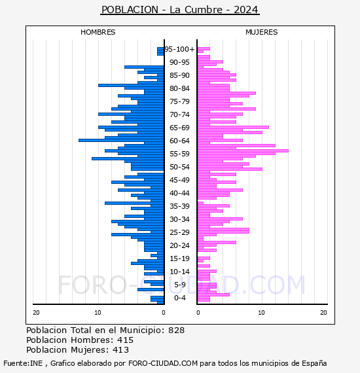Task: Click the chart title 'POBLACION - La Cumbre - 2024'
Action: tap(180, 10)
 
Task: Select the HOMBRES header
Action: tap(98, 32)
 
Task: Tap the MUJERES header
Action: tap(262, 32)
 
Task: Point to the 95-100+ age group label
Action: tap(179, 49)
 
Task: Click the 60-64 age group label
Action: tap(179, 141)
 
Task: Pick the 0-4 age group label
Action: tap(179, 298)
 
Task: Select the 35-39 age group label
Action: tap(179, 206)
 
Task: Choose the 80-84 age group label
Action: tap(179, 88)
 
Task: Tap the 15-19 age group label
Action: tap(179, 258)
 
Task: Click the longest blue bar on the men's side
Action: tap(121, 140)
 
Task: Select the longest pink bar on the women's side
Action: tap(243, 151)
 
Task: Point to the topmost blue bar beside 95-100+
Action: tap(160, 49)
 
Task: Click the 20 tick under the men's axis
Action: tap(36, 313)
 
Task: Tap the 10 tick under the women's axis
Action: tap(261, 313)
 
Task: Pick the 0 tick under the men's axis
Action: tap(163, 313)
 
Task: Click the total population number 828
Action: tap(176, 330)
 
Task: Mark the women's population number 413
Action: tap(121, 349)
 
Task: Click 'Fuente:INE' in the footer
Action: tap(23, 363)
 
